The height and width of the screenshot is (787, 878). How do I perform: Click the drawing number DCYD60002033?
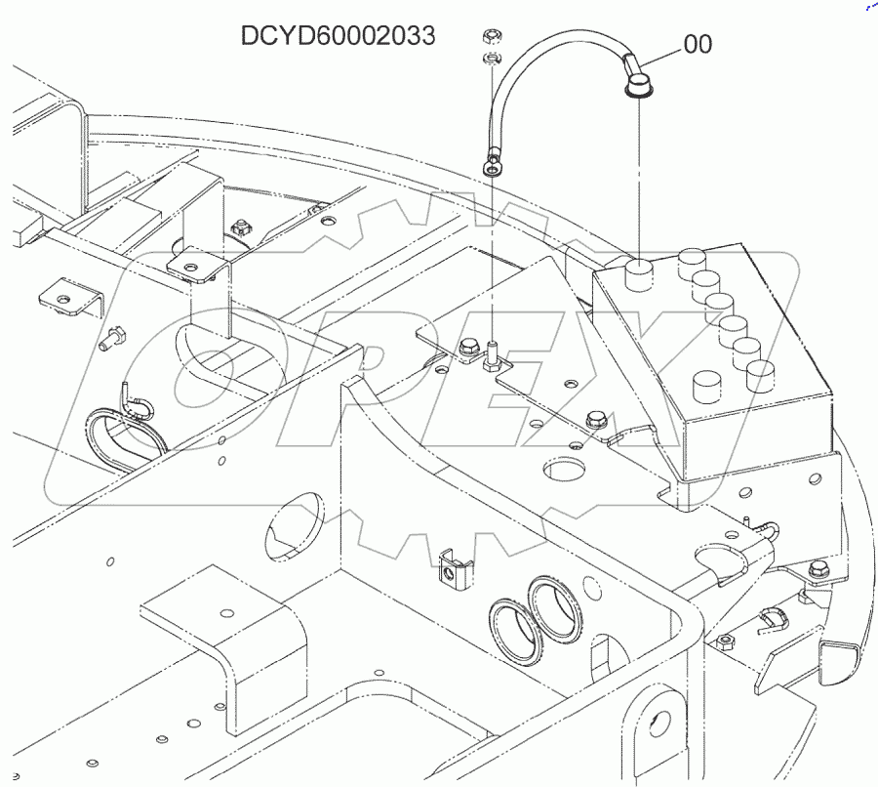[338, 36]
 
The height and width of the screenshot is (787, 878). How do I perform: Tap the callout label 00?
[698, 44]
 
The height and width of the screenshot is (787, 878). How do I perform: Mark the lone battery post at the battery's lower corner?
[706, 385]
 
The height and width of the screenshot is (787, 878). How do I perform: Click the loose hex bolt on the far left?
[110, 337]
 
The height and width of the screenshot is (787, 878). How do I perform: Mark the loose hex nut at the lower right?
[724, 642]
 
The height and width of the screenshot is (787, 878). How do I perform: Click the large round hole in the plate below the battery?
[563, 470]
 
